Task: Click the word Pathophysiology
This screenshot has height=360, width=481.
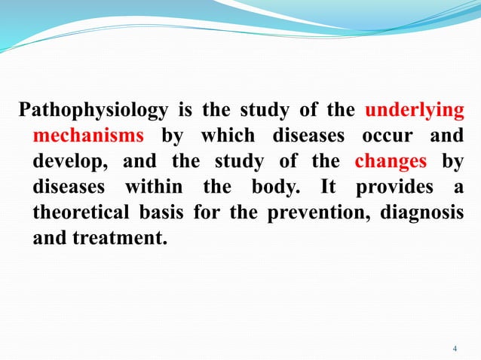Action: pyautogui.click(x=93, y=111)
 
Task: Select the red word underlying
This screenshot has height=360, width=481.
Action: pyautogui.click(x=414, y=111)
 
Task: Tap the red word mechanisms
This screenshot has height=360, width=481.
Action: pyautogui.click(x=88, y=137)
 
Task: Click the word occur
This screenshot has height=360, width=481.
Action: pyautogui.click(x=387, y=137)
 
